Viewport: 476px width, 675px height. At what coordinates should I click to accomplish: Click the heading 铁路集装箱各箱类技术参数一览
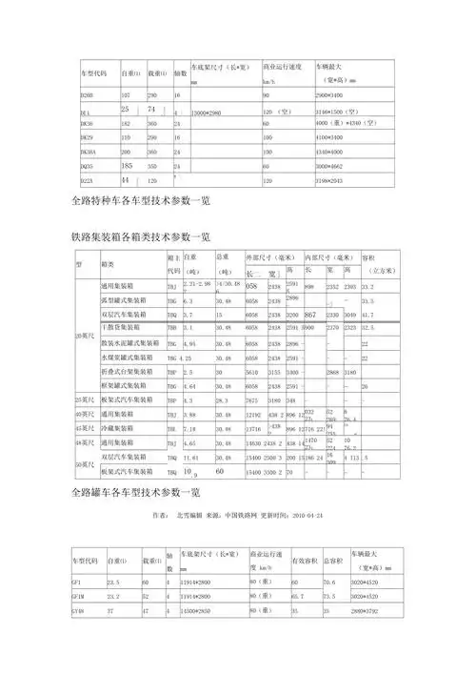pyautogui.click(x=141, y=235)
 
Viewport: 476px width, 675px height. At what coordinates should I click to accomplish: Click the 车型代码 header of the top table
pyautogui.click(x=92, y=72)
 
